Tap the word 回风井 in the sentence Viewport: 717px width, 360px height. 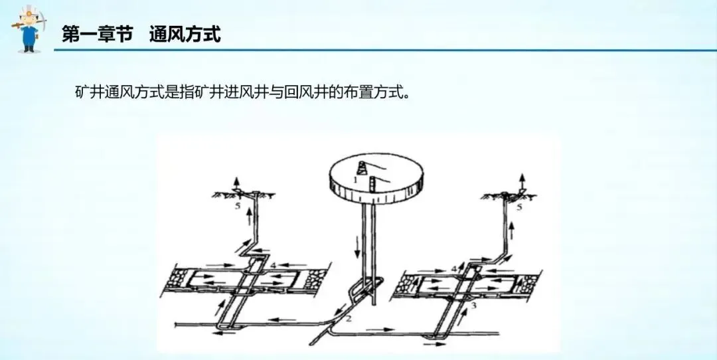point(303,92)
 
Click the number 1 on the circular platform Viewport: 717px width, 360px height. point(355,179)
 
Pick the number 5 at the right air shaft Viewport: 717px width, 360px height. point(520,207)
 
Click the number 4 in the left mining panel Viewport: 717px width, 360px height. point(273,265)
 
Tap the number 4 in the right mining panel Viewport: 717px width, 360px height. point(453,268)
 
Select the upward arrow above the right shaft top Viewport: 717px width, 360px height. point(522,181)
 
